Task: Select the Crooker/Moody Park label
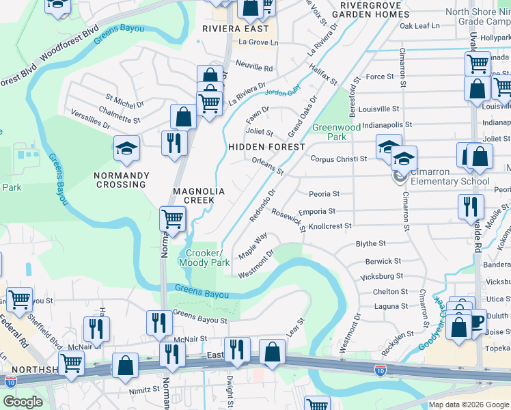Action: pos(204,257)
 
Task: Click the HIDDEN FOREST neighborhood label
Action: pos(266,147)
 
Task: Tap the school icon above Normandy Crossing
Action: pos(126,148)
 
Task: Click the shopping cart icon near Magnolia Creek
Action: pos(173,219)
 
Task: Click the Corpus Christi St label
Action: pos(339,159)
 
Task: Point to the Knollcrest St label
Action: pos(330,225)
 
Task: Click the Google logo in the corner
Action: pos(23,402)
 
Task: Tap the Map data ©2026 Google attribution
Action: pos(469,405)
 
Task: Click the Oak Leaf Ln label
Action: pos(419,26)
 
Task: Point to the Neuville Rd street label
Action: pos(254,68)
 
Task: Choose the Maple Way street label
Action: pos(252,246)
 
